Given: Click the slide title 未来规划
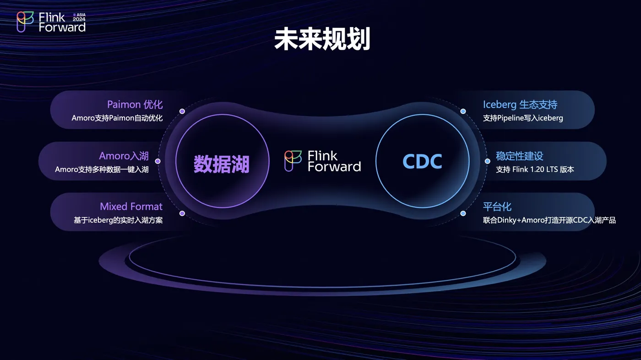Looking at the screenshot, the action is (x=322, y=39).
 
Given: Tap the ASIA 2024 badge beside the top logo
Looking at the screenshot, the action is (x=79, y=17).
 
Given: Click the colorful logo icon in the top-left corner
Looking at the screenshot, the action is (x=25, y=22).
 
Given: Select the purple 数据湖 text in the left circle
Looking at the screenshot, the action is (x=222, y=164).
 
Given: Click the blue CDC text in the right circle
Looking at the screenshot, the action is (x=422, y=161).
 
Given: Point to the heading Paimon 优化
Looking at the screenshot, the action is (x=135, y=104).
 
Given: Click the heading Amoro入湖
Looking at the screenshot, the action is (x=124, y=156).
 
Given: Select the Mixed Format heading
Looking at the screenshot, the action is (x=131, y=206).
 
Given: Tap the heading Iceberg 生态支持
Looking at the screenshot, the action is (x=520, y=104).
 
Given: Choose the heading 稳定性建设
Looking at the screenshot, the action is (x=519, y=156).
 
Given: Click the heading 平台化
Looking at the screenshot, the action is (x=497, y=207).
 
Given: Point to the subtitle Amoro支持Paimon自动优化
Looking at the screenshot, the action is (x=117, y=118).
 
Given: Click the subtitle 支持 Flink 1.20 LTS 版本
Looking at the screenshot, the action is (x=535, y=169).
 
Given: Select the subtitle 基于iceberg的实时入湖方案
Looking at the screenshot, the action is (x=118, y=220).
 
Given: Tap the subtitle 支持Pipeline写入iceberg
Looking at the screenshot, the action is (x=523, y=118).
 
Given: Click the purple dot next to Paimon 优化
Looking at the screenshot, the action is (x=182, y=111).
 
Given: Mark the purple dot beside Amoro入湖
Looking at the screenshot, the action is (x=158, y=161).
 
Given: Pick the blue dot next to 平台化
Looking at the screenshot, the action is (x=463, y=213).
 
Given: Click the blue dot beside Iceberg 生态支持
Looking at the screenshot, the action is (x=463, y=111).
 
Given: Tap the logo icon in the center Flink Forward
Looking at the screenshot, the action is (x=293, y=161).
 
